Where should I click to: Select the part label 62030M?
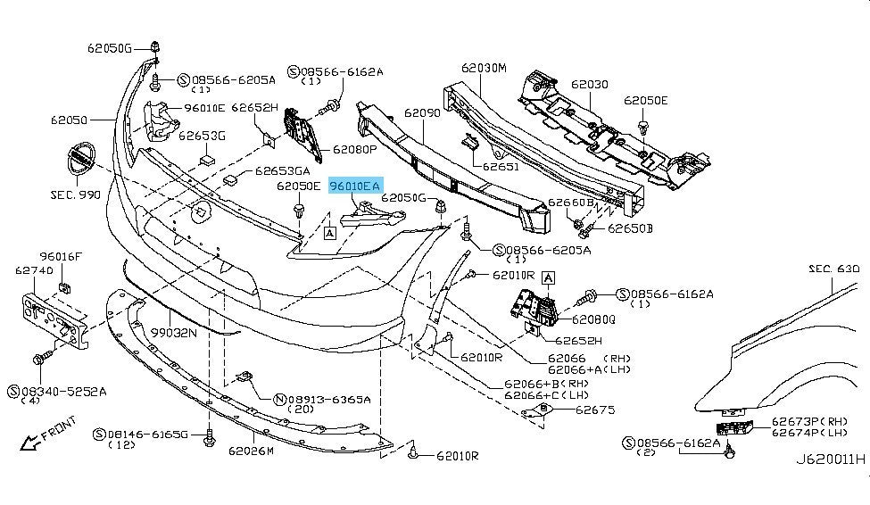click(484, 68)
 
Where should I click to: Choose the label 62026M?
click(252, 451)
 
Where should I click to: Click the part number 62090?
click(421, 113)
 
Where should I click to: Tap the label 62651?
click(501, 165)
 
